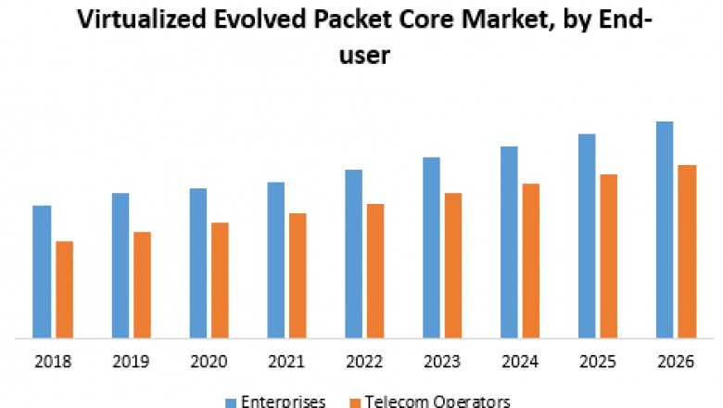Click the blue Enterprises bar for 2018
tap(42, 271)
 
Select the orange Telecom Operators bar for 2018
tap(64, 289)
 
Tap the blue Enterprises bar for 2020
tap(197, 262)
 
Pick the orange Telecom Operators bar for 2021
tap(298, 275)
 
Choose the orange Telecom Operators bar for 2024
tap(531, 261)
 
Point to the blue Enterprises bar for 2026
tap(665, 229)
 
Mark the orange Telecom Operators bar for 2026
tap(687, 251)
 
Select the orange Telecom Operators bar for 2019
tap(142, 285)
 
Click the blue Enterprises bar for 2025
tap(587, 236)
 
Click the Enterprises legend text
tap(284, 402)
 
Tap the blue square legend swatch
tap(231, 402)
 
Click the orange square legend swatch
tap(353, 402)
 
